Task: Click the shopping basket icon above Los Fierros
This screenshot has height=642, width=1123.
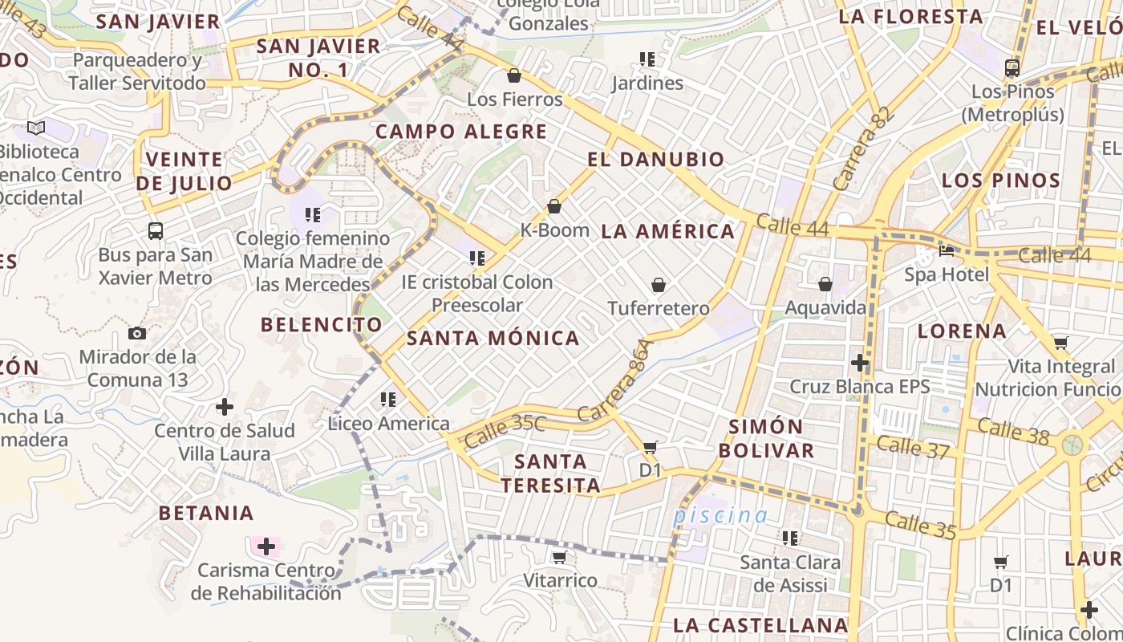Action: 514,75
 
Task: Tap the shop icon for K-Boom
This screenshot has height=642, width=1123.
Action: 554,206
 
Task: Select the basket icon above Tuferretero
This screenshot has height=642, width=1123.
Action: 659,285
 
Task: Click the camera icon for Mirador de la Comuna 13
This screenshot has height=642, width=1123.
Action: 137,333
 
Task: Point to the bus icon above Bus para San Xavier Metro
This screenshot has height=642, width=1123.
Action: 156,231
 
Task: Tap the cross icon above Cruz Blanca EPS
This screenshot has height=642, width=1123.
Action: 860,363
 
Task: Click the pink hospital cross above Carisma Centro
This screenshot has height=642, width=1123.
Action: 266,547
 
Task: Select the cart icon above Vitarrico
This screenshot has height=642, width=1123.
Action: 560,557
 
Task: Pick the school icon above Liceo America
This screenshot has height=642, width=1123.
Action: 388,399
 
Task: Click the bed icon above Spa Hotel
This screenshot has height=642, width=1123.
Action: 947,251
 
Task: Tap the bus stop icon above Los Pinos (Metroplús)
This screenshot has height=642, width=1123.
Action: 1012,67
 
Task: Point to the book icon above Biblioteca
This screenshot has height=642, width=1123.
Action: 35,128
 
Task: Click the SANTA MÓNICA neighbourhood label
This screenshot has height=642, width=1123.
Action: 493,338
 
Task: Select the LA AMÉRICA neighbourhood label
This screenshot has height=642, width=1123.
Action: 668,232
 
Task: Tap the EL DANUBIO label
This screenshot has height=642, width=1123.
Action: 656,159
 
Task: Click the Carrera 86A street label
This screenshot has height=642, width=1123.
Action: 617,381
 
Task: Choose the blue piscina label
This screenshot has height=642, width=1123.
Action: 720,515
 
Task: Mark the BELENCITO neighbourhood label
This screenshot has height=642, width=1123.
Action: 322,324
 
